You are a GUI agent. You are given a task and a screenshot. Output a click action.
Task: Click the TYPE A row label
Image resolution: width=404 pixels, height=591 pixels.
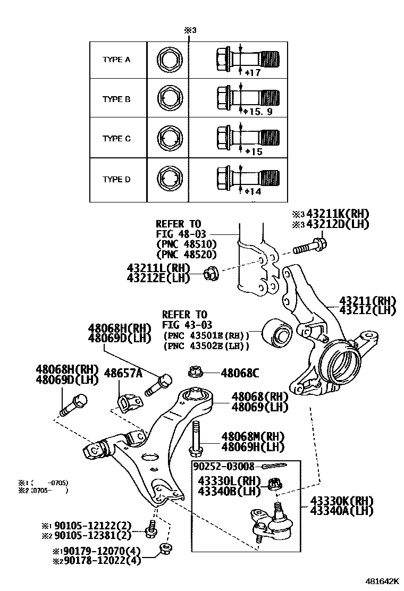[x=116, y=60]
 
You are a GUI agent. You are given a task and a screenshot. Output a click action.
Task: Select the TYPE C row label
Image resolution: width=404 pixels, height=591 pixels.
[x=116, y=139]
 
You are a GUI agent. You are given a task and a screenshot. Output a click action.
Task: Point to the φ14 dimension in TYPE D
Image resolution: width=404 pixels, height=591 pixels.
[x=252, y=191]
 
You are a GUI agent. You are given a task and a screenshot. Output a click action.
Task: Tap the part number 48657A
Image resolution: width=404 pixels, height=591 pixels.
[x=123, y=373]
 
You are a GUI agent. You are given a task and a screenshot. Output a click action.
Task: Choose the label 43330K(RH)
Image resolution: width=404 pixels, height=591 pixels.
[x=342, y=501]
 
